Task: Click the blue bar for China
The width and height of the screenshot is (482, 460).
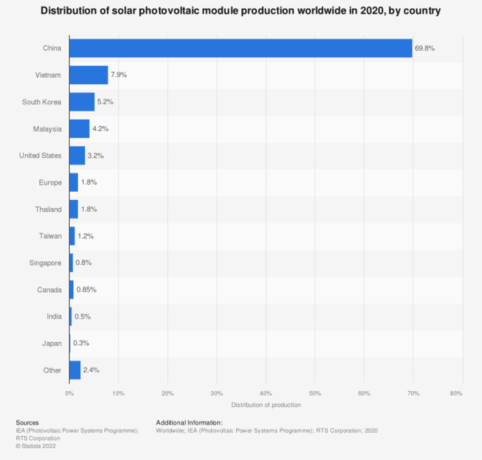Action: point(240,48)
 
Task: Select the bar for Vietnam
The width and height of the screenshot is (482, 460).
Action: point(88,75)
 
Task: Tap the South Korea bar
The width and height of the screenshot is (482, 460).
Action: point(82,102)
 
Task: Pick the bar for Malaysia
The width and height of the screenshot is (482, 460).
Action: point(80,128)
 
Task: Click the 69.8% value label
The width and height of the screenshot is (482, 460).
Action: point(425,48)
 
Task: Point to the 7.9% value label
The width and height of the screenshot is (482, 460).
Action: point(119,75)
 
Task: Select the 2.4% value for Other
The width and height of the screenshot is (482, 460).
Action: point(91,370)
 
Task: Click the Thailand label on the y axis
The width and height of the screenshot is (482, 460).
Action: point(47,209)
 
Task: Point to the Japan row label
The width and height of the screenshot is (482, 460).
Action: point(51,344)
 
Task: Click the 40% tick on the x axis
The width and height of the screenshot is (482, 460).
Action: point(266,393)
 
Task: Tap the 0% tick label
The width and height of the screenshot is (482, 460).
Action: point(69,393)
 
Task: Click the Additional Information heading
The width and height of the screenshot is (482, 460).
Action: point(189,422)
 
